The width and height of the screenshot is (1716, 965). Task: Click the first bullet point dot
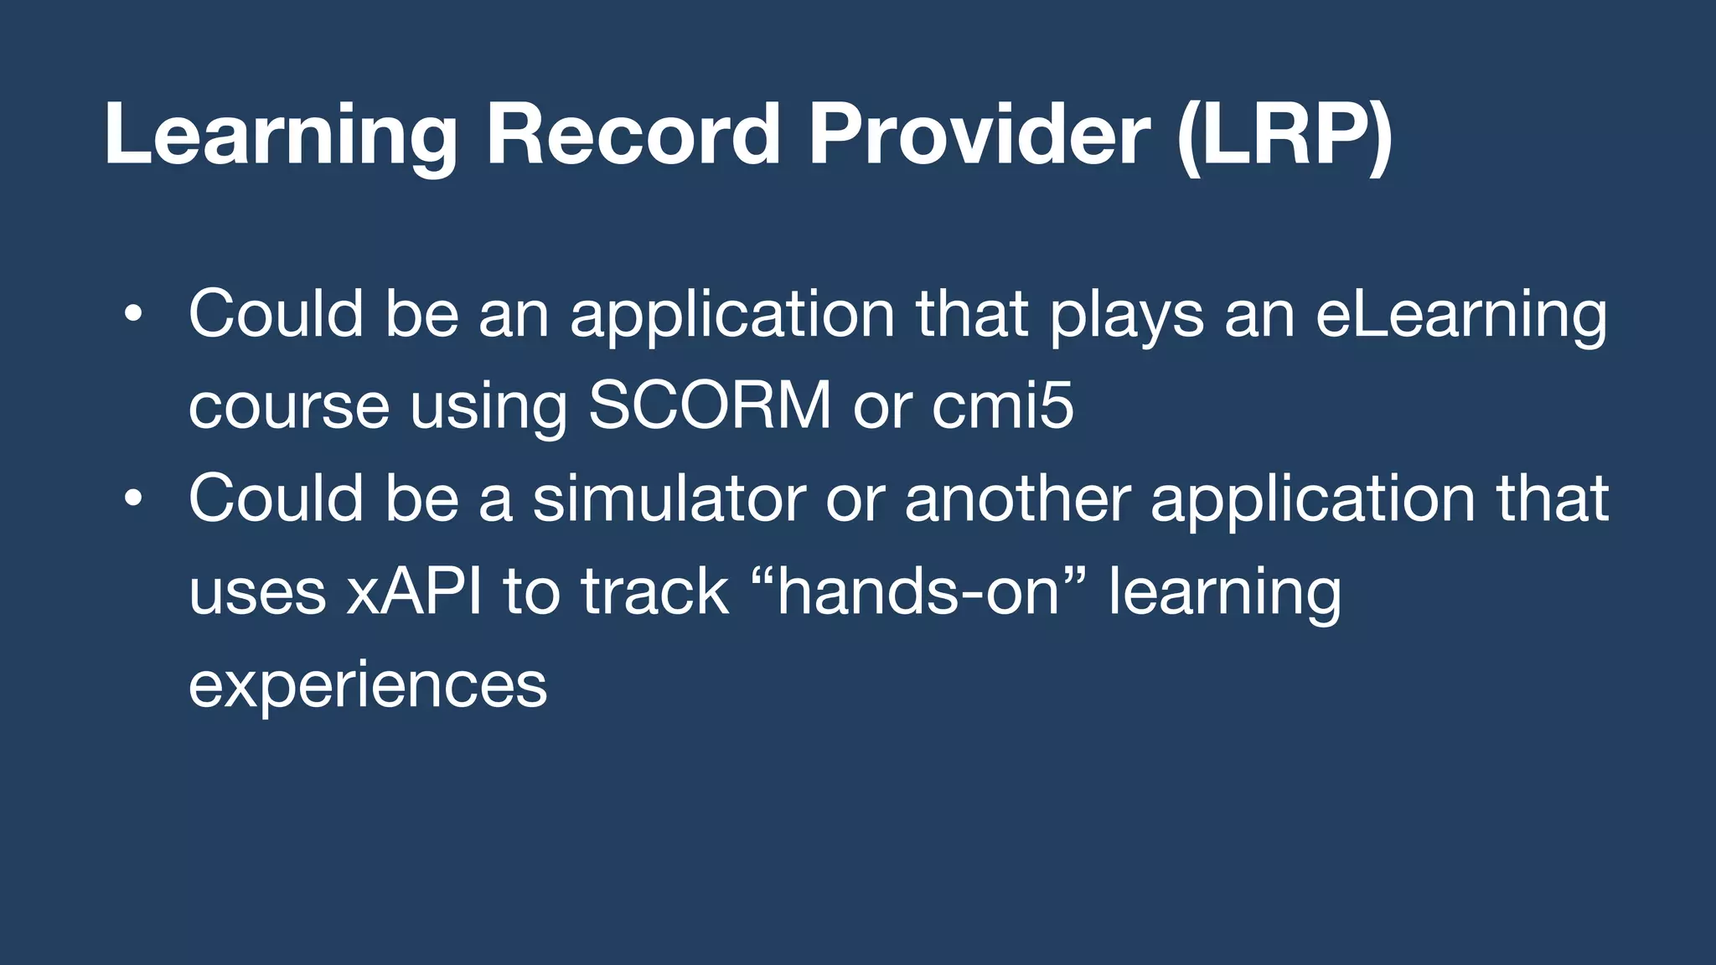coord(132,316)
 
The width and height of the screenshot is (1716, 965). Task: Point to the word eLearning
coord(1461,317)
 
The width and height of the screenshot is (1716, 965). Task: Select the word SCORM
coord(710,406)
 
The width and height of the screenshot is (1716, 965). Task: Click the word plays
coord(1127,317)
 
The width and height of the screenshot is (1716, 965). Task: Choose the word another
coord(1017,499)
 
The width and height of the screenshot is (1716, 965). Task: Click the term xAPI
coord(415,591)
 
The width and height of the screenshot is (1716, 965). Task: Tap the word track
coord(655,591)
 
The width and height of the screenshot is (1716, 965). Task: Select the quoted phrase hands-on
coord(918,591)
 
